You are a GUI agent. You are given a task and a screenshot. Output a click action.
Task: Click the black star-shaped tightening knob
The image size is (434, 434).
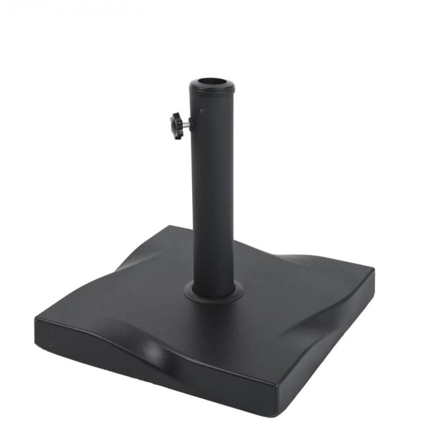point(176,126)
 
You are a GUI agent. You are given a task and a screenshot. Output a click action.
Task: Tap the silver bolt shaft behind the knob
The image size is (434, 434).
point(185,125)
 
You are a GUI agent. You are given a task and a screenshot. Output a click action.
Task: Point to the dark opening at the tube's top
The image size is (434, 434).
point(212,82)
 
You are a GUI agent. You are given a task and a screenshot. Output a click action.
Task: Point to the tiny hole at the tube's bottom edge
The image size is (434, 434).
point(207,298)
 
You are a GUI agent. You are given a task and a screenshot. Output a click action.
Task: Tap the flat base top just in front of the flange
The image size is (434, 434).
point(217,321)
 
